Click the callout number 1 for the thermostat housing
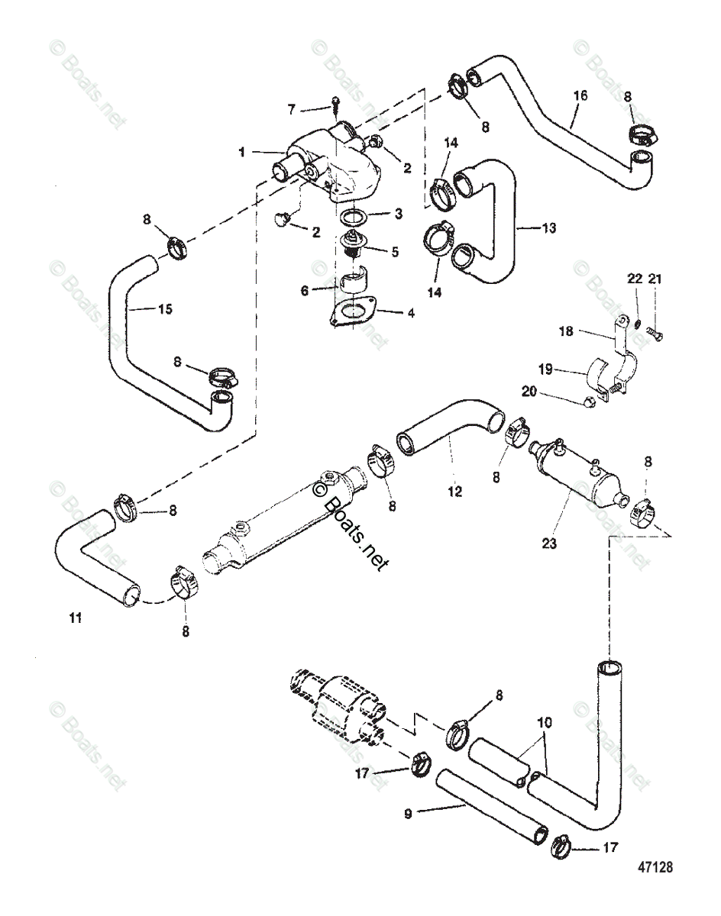[241, 152]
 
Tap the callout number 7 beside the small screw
[292, 110]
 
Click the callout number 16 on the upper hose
[580, 95]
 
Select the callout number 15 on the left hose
[163, 309]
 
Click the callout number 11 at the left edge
[73, 618]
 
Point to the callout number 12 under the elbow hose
[455, 492]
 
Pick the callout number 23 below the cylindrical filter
[549, 544]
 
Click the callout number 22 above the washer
[634, 280]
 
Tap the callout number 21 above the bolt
[655, 280]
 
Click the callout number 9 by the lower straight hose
[407, 814]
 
